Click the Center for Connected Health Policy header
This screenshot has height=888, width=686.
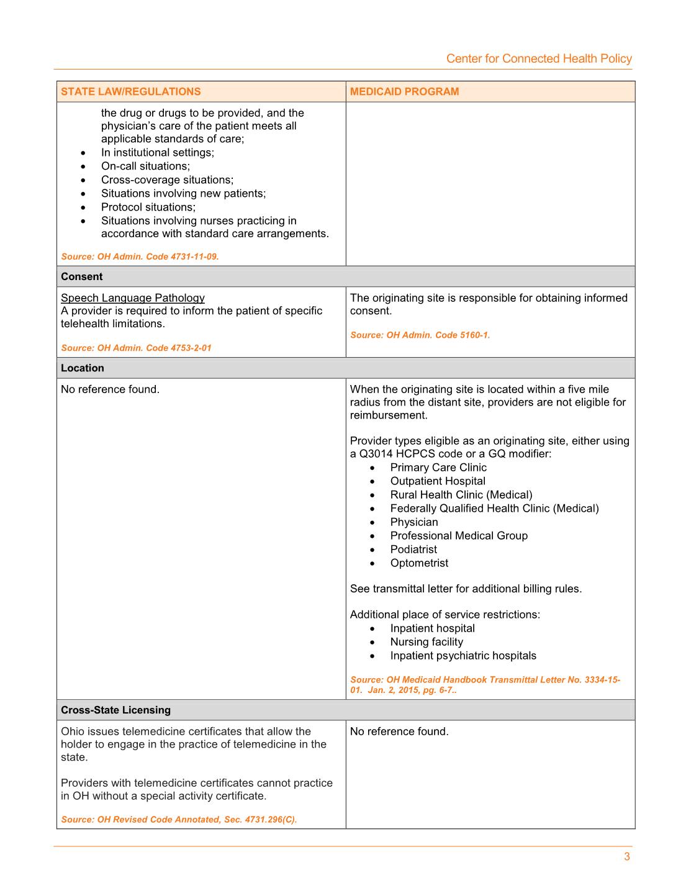pyautogui.click(x=538, y=58)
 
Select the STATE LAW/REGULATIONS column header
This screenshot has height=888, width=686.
pyautogui.click(x=130, y=91)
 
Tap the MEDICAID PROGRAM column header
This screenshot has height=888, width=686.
pyautogui.click(x=404, y=91)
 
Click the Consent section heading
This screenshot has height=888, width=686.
pyautogui.click(x=82, y=276)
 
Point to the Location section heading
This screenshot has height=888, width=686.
pyautogui.click(x=83, y=368)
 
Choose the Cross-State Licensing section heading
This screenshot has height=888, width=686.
pyautogui.click(x=115, y=710)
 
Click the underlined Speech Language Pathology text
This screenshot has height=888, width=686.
pyautogui.click(x=133, y=298)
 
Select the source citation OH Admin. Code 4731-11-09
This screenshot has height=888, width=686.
pyautogui.click(x=140, y=256)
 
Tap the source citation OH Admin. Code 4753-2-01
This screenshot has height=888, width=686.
pyautogui.click(x=136, y=348)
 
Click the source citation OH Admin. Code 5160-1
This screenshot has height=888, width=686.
pyautogui.click(x=420, y=335)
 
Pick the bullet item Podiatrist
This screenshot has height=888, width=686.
pyautogui.click(x=413, y=550)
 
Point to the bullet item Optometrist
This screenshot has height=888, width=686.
pyautogui.click(x=419, y=563)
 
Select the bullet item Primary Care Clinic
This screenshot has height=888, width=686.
pyautogui.click(x=438, y=468)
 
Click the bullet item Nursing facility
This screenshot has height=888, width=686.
pyautogui.click(x=426, y=642)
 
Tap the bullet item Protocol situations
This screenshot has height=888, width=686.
pyautogui.click(x=148, y=207)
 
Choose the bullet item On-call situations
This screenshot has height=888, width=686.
pyautogui.click(x=145, y=166)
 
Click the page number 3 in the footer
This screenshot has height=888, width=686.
pyautogui.click(x=626, y=857)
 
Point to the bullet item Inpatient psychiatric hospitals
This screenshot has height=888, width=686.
pyautogui.click(x=463, y=656)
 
